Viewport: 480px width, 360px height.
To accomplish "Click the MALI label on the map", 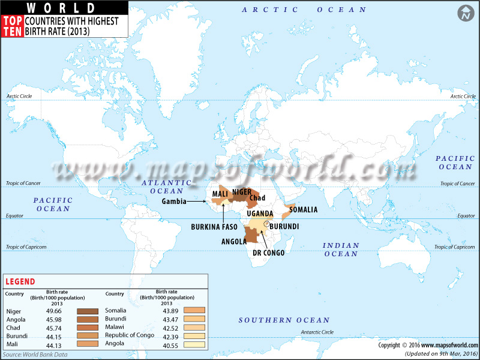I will [x=220, y=194].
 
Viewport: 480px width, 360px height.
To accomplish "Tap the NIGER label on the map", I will [x=242, y=192].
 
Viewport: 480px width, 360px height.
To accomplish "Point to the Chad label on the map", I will [x=257, y=198].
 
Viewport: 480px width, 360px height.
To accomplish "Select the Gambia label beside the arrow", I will [x=173, y=202].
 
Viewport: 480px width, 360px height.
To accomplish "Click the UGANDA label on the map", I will [x=260, y=214].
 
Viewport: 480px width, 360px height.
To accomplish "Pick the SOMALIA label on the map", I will [x=303, y=209].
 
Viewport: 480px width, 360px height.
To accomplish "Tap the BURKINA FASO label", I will [x=214, y=227].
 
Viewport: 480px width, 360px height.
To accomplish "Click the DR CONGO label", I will [x=268, y=253].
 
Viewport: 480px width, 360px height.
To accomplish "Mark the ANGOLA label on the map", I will [x=234, y=242].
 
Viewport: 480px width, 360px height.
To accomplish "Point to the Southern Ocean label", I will [x=284, y=320].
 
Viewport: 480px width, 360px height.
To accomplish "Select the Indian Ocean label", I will [x=341, y=250].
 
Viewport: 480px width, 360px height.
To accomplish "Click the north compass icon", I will [x=464, y=14].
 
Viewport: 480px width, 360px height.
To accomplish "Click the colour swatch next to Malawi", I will [x=194, y=328].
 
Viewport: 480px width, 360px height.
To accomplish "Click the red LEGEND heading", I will [x=20, y=281].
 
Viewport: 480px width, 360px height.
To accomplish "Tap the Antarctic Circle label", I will [x=318, y=332].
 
